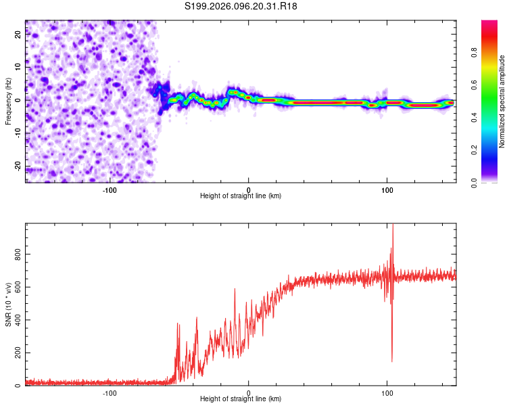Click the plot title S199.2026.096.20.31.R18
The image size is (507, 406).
[241, 6]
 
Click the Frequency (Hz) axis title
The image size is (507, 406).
[8, 101]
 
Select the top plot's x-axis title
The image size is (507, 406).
[241, 196]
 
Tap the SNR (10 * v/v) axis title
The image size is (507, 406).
[8, 304]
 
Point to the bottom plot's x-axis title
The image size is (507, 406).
[241, 399]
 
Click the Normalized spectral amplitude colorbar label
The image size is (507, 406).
[502, 101]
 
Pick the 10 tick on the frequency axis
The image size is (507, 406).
[19, 68]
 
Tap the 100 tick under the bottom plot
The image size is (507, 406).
[387, 392]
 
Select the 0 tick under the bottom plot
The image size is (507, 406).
[249, 392]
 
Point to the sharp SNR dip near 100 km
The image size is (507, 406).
[392, 360]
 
